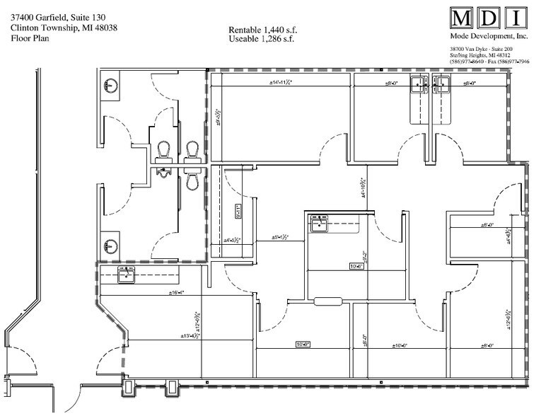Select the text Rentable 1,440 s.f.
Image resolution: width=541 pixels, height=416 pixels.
tap(262, 30)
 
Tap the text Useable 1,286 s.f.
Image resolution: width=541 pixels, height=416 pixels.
tap(261, 39)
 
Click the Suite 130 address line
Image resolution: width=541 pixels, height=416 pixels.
tap(59, 18)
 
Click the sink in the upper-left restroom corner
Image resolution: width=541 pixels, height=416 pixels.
tap(111, 86)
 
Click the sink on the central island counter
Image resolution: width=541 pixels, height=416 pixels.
tap(318, 224)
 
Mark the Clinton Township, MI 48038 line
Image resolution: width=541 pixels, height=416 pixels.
tap(64, 28)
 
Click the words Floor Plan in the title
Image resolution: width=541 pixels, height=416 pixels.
tap(29, 39)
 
